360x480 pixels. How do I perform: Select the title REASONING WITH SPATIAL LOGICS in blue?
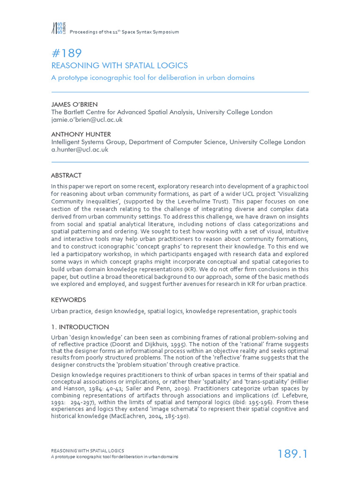click(119, 66)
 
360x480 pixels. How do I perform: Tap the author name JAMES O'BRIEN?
click(75, 104)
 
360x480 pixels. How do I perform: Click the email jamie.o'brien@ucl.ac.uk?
click(87, 120)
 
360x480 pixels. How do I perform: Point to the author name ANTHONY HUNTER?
click(81, 134)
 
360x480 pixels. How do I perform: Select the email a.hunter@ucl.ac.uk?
click(80, 150)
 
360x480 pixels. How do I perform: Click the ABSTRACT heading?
click(66, 175)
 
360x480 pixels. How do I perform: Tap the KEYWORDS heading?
click(68, 300)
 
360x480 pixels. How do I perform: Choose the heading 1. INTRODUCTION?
click(80, 327)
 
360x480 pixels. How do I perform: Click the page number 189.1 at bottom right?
click(292, 454)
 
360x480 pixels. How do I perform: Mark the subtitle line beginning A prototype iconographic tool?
click(152, 77)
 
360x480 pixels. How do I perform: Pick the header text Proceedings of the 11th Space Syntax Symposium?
click(124, 32)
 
